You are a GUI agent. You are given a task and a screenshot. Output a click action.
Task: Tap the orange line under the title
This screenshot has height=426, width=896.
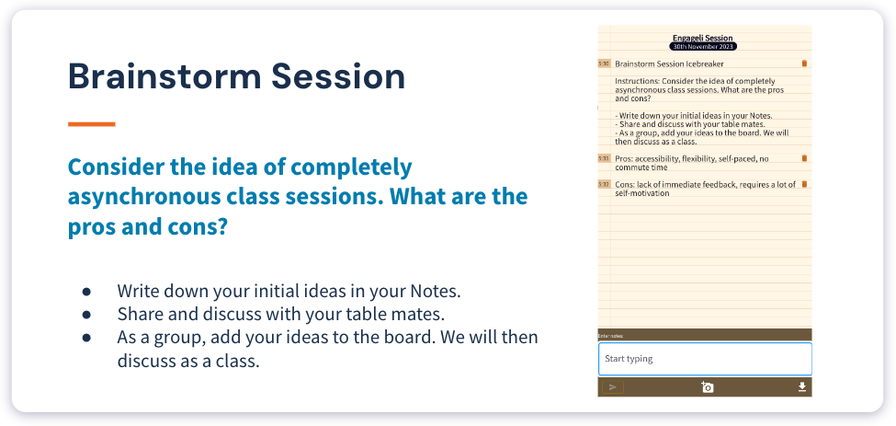pyautogui.click(x=91, y=123)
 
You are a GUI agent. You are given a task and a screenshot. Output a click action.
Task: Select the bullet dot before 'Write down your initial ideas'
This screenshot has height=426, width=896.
pyautogui.click(x=86, y=291)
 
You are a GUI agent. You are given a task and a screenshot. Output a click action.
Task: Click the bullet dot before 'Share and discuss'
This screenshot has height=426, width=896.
pyautogui.click(x=86, y=314)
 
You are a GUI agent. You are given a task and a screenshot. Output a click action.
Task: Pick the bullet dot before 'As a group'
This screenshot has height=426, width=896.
pyautogui.click(x=86, y=338)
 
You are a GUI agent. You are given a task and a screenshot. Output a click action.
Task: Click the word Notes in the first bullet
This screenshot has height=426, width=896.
pyautogui.click(x=431, y=291)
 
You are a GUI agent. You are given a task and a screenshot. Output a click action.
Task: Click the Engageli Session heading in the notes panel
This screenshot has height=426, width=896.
pyautogui.click(x=702, y=38)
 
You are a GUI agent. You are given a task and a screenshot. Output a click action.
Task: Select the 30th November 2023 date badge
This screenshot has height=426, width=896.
pyautogui.click(x=702, y=46)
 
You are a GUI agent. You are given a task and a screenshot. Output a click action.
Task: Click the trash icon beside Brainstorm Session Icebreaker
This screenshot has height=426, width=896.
pyautogui.click(x=804, y=63)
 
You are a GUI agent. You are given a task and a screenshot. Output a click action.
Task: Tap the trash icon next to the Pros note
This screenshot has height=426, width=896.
pyautogui.click(x=804, y=158)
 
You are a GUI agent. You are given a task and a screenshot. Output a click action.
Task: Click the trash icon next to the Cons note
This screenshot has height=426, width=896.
pyautogui.click(x=804, y=184)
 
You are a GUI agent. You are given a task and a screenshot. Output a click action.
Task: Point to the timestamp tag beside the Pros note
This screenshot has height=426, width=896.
pyautogui.click(x=604, y=158)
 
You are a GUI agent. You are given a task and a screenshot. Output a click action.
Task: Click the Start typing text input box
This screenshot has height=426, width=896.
pyautogui.click(x=704, y=359)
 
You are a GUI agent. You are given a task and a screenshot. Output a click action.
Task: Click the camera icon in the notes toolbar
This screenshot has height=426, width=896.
pyautogui.click(x=707, y=387)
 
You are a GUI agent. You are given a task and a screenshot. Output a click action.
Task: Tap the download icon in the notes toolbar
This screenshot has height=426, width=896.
pyautogui.click(x=801, y=387)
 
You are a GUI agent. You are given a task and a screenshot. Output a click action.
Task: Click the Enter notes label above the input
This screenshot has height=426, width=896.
pyautogui.click(x=611, y=336)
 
